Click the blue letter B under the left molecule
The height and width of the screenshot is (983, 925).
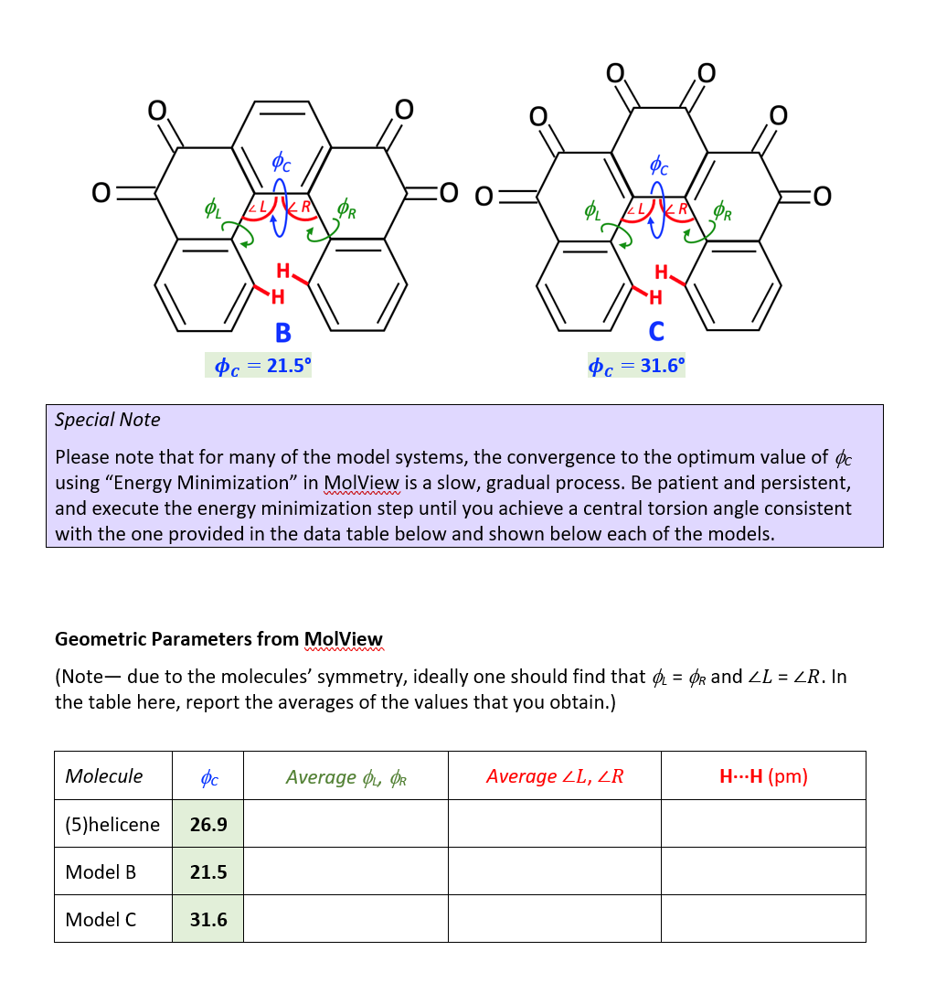pyautogui.click(x=283, y=332)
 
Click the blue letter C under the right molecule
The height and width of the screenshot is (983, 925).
pyautogui.click(x=656, y=331)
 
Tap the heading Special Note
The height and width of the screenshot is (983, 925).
pyautogui.click(x=107, y=420)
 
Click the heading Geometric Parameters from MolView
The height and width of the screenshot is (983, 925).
pyautogui.click(x=218, y=639)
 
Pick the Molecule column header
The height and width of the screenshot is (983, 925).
pyautogui.click(x=104, y=776)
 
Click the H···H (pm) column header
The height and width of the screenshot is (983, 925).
pyautogui.click(x=763, y=776)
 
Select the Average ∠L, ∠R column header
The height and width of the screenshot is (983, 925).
pyautogui.click(x=554, y=776)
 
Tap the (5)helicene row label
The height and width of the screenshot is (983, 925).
pyautogui.click(x=112, y=824)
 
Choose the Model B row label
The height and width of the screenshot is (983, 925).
pyautogui.click(x=101, y=871)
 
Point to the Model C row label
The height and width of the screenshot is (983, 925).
pyautogui.click(x=101, y=919)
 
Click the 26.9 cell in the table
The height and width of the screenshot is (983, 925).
pyautogui.click(x=208, y=824)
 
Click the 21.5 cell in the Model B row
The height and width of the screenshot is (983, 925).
pyautogui.click(x=208, y=871)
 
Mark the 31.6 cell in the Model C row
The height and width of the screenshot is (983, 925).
pyautogui.click(x=208, y=919)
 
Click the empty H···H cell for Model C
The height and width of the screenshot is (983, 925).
pyautogui.click(x=763, y=919)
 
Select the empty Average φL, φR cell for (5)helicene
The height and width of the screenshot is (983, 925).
pyautogui.click(x=346, y=824)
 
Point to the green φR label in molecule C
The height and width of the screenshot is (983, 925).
pyautogui.click(x=722, y=213)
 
